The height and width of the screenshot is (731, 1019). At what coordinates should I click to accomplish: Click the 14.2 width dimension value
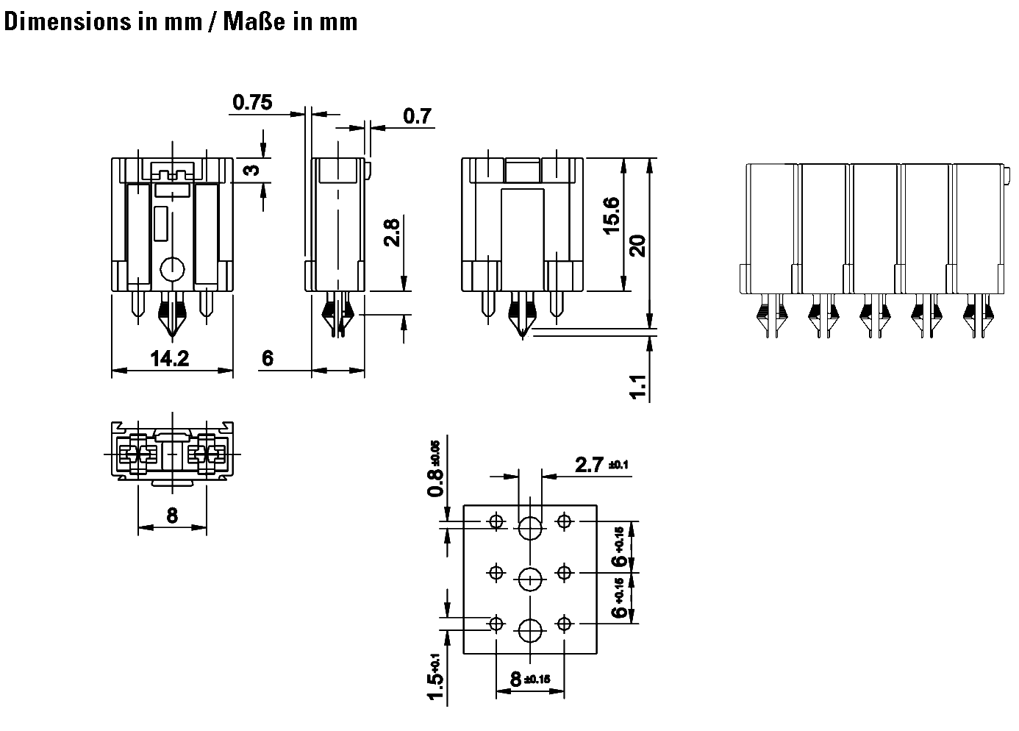(x=170, y=359)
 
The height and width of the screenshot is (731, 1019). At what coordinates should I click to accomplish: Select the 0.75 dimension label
(x=252, y=102)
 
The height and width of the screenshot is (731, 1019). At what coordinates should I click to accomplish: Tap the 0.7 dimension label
(x=417, y=116)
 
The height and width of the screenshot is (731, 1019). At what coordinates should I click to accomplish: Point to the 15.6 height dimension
(x=611, y=215)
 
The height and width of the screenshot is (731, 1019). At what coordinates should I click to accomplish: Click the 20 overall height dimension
(x=637, y=244)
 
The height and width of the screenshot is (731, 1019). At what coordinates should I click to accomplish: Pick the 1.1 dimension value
(x=638, y=387)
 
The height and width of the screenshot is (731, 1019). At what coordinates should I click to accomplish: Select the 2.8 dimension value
(x=392, y=232)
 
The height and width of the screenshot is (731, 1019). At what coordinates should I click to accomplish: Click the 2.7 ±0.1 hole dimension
(x=601, y=465)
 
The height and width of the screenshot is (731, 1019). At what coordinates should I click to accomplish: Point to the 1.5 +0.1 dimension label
(x=436, y=679)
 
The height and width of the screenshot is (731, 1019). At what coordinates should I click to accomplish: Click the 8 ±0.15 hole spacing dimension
(x=530, y=679)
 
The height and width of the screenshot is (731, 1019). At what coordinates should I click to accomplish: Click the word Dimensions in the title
(x=67, y=21)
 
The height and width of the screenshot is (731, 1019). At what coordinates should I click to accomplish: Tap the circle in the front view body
(x=172, y=270)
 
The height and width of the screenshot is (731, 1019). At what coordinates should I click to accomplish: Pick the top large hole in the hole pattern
(x=530, y=528)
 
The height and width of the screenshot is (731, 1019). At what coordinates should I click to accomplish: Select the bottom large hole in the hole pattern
(x=530, y=630)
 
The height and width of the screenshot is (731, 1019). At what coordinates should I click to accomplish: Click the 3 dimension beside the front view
(x=251, y=171)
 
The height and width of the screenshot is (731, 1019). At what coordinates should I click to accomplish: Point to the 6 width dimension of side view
(x=268, y=358)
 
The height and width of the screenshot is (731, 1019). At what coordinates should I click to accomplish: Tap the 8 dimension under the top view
(x=171, y=516)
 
